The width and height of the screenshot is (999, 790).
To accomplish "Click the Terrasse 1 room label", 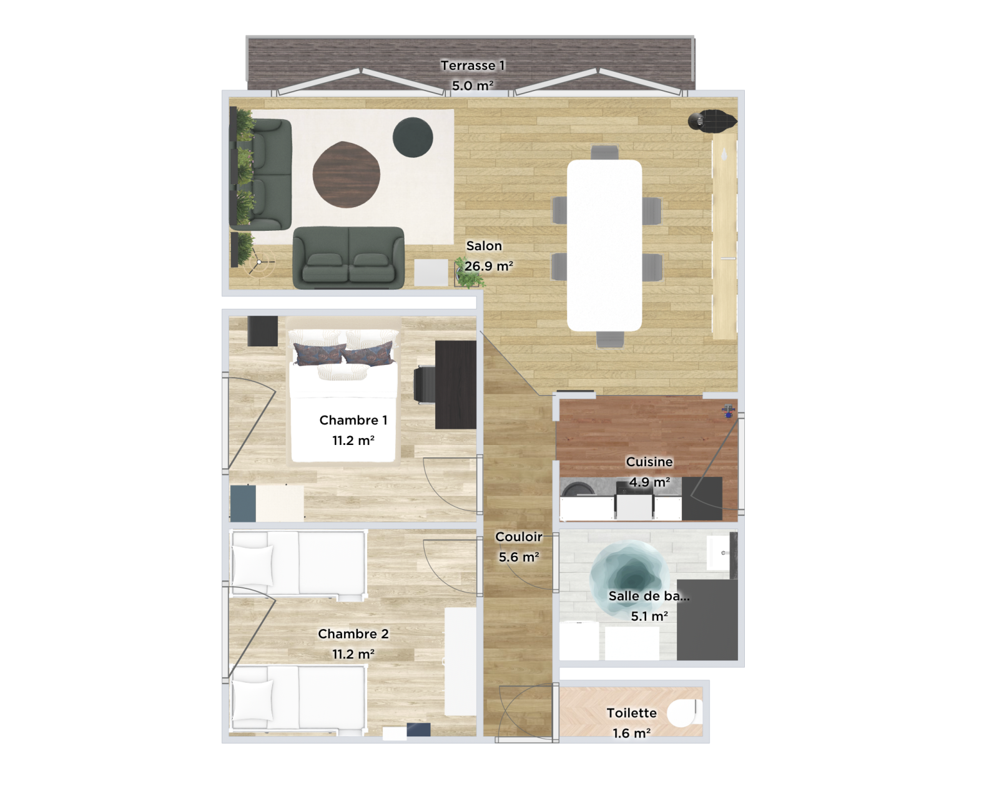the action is [472, 66].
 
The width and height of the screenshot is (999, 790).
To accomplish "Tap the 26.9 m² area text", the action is [488, 266].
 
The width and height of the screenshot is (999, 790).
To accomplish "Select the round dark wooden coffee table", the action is [347, 175].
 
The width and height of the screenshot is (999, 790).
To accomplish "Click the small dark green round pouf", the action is [413, 137].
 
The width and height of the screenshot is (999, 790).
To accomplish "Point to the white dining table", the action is [604, 245].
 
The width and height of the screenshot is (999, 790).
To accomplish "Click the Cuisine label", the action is [649, 462].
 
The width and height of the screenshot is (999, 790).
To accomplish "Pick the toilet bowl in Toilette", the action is [682, 713].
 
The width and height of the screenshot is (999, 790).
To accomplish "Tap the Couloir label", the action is [518, 537].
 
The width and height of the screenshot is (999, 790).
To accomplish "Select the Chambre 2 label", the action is [353, 634].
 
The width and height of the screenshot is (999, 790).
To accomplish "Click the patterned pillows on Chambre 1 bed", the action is [343, 354].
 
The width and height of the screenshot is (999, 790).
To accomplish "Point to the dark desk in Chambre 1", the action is [455, 384].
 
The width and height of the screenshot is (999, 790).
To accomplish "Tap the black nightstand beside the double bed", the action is [262, 331].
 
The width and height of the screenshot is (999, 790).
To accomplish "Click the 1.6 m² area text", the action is [631, 733].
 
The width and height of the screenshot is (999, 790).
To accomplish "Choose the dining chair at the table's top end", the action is [605, 153].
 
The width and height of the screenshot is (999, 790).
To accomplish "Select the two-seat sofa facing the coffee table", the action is [348, 257].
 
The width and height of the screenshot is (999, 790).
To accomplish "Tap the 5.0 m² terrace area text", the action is [473, 86].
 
